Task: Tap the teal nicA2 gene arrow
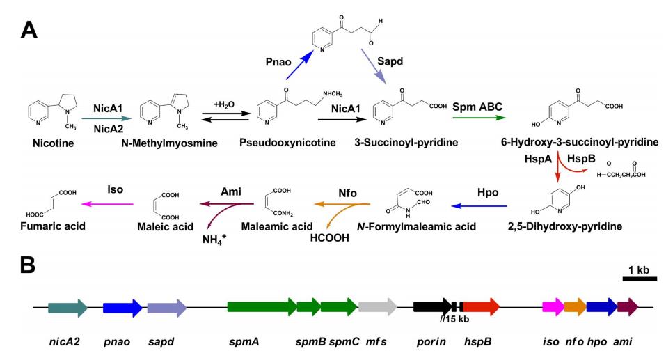(x=68, y=307)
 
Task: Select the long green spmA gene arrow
(x=262, y=307)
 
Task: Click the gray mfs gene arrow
(x=377, y=307)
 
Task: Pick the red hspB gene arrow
(x=480, y=307)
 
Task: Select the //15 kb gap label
(x=454, y=320)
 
